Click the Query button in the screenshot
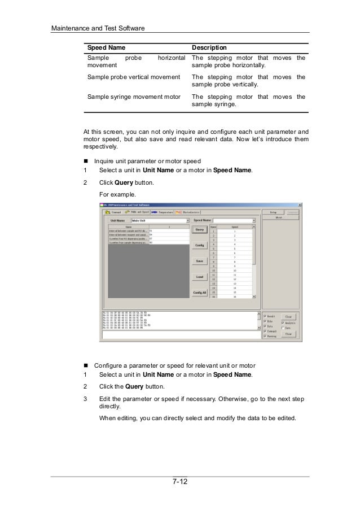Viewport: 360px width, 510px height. (x=199, y=230)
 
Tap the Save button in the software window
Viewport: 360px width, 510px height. (x=199, y=261)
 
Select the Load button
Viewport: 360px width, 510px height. (x=199, y=277)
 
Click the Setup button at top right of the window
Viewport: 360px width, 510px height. (x=273, y=212)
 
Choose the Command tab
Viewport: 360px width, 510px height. (x=112, y=212)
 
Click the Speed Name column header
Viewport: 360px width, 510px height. (x=106, y=47)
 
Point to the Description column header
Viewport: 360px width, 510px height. (x=209, y=47)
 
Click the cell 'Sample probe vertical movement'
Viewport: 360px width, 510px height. (x=133, y=77)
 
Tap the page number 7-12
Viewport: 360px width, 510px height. (x=179, y=481)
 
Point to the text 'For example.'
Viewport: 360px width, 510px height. (x=117, y=195)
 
